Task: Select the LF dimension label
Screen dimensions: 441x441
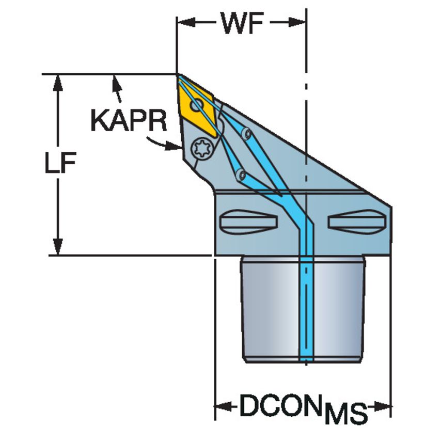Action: (x=59, y=164)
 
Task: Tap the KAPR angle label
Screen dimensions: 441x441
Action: (x=129, y=121)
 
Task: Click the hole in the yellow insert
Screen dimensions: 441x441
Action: (x=197, y=106)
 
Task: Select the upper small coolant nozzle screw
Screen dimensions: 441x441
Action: (x=247, y=134)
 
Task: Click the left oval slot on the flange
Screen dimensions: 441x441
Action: (x=248, y=222)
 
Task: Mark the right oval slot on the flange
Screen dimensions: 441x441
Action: (x=356, y=222)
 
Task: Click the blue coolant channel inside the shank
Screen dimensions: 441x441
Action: (x=307, y=310)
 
